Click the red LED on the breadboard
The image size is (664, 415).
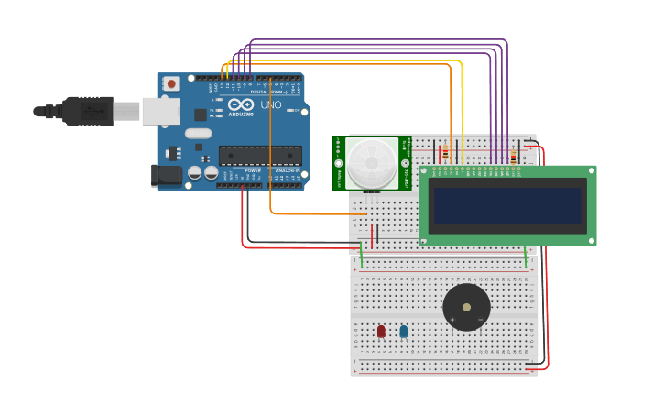381,331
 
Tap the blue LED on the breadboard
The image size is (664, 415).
404,331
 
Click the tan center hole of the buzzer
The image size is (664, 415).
466,307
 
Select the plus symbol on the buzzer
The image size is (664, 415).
452,318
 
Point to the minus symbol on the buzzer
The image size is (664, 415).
481,318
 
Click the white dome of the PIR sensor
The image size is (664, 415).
371,163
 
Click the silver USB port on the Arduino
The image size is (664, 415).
160,111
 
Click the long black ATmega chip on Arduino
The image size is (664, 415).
259,156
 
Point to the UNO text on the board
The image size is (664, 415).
271,105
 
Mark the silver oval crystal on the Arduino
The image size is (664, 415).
198,133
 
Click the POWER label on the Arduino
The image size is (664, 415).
253,170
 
